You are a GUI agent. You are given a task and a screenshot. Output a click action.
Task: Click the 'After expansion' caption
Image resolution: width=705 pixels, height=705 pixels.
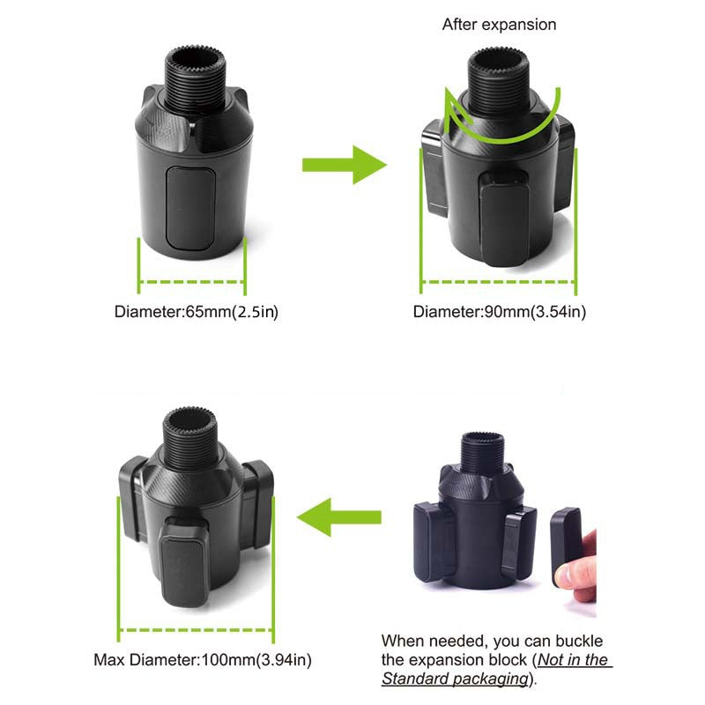[499, 25]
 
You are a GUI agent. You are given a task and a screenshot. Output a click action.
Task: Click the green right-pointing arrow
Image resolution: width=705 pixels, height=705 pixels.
[344, 165]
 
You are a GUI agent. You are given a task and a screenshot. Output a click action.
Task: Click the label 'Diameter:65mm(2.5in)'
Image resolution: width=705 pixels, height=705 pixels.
[197, 312]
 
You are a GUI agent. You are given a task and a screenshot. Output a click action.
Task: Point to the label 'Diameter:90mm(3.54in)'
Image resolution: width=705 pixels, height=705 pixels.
[500, 312]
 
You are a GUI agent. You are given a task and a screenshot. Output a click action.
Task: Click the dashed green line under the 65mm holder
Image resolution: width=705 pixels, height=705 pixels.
[192, 283]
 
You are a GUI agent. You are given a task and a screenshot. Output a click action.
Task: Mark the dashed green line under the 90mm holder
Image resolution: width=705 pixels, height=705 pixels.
[498, 283]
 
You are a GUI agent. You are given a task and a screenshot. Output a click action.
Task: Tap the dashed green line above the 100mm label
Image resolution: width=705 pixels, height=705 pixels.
[197, 629]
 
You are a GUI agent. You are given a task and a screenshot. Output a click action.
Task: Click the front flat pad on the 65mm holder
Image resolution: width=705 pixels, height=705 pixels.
[191, 209]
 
